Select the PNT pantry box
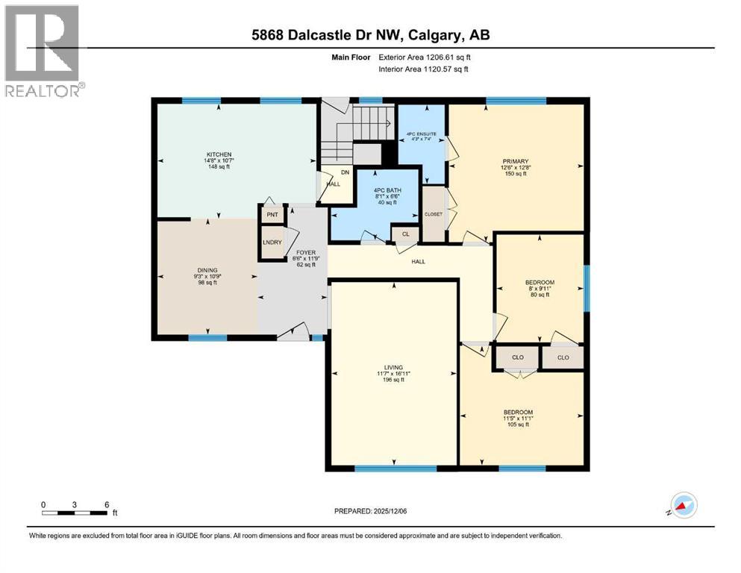click(x=271, y=215)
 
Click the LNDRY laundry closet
click(x=271, y=242)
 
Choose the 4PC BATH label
click(x=387, y=190)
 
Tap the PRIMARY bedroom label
click(x=516, y=161)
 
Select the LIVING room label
click(x=393, y=367)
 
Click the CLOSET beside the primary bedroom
click(x=433, y=214)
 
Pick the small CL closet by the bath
click(x=405, y=234)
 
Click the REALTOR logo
click(x=44, y=51)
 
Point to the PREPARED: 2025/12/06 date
click(x=371, y=511)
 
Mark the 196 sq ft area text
click(x=393, y=380)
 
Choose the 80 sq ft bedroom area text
click(x=539, y=295)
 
